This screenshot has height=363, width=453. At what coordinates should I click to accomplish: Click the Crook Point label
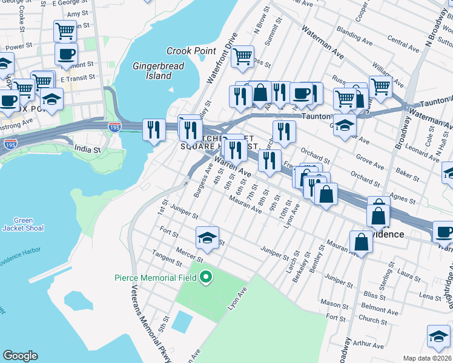click(191, 51)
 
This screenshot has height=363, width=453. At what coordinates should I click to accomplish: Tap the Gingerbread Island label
click(151, 70)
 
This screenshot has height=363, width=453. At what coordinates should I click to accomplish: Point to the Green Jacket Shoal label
click(24, 224)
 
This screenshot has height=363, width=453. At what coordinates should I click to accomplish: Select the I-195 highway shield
click(114, 126)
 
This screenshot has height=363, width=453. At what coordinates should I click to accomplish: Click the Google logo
click(21, 356)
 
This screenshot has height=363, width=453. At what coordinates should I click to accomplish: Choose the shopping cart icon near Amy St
click(65, 30)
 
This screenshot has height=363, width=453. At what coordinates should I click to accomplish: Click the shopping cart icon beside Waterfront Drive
click(242, 57)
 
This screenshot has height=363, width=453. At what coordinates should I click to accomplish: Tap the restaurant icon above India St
click(154, 129)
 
